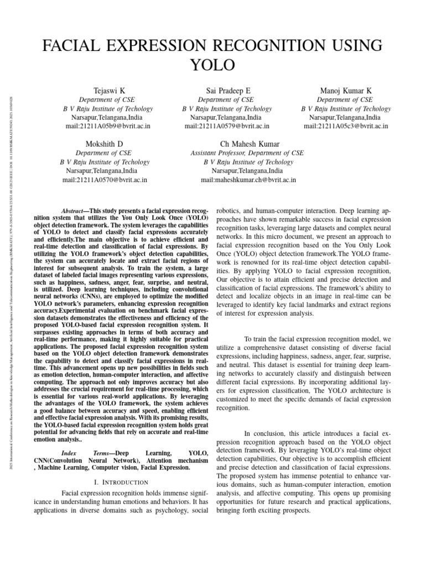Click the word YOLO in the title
click(x=212, y=65)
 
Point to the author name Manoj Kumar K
click(x=346, y=90)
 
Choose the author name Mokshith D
click(x=104, y=144)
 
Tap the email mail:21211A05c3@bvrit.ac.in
click(x=345, y=126)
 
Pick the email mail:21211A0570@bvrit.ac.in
click(x=105, y=180)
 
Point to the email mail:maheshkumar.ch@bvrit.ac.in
click(x=248, y=180)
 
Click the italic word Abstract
click(x=73, y=212)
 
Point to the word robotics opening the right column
click(x=228, y=212)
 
